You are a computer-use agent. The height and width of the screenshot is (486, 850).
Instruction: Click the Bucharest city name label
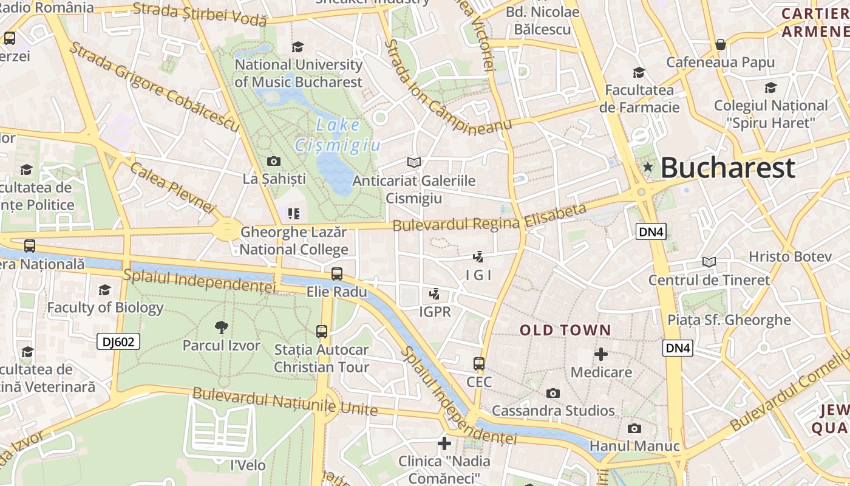pyautogui.click(x=727, y=168)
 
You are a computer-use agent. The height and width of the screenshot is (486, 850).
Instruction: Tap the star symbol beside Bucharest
pyautogui.click(x=648, y=167)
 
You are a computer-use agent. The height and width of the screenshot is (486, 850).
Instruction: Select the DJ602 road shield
pyautogui.click(x=118, y=341)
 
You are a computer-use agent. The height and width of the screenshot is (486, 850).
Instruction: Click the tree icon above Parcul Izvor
pyautogui.click(x=221, y=327)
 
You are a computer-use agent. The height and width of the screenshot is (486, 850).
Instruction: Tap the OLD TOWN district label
pyautogui.click(x=565, y=330)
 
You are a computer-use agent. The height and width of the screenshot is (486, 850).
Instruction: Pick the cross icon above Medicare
pyautogui.click(x=601, y=354)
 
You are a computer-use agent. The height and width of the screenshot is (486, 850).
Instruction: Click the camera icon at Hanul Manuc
pyautogui.click(x=634, y=428)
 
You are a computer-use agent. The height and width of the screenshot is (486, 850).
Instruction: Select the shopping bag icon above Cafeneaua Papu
pyautogui.click(x=721, y=44)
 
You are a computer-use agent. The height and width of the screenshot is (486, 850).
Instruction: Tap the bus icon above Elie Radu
pyautogui.click(x=337, y=274)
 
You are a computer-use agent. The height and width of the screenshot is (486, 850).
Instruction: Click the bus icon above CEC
pyautogui.click(x=479, y=364)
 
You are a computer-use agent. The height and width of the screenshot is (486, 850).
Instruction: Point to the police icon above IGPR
pyautogui.click(x=434, y=295)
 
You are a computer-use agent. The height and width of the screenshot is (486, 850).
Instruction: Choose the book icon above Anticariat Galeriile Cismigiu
pyautogui.click(x=414, y=162)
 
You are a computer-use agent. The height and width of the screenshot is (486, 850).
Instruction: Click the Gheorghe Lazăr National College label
pyautogui.click(x=294, y=241)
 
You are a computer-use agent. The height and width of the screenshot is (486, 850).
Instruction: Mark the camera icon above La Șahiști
pyautogui.click(x=274, y=161)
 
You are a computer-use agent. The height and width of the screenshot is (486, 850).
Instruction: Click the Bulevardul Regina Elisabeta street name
pyautogui.click(x=490, y=217)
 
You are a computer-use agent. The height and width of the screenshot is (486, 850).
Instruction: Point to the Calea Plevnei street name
pyautogui.click(x=172, y=189)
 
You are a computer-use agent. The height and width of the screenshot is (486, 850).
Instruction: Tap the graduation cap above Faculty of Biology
pyautogui.click(x=105, y=290)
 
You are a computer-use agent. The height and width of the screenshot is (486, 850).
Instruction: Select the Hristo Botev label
pyautogui.click(x=790, y=256)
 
